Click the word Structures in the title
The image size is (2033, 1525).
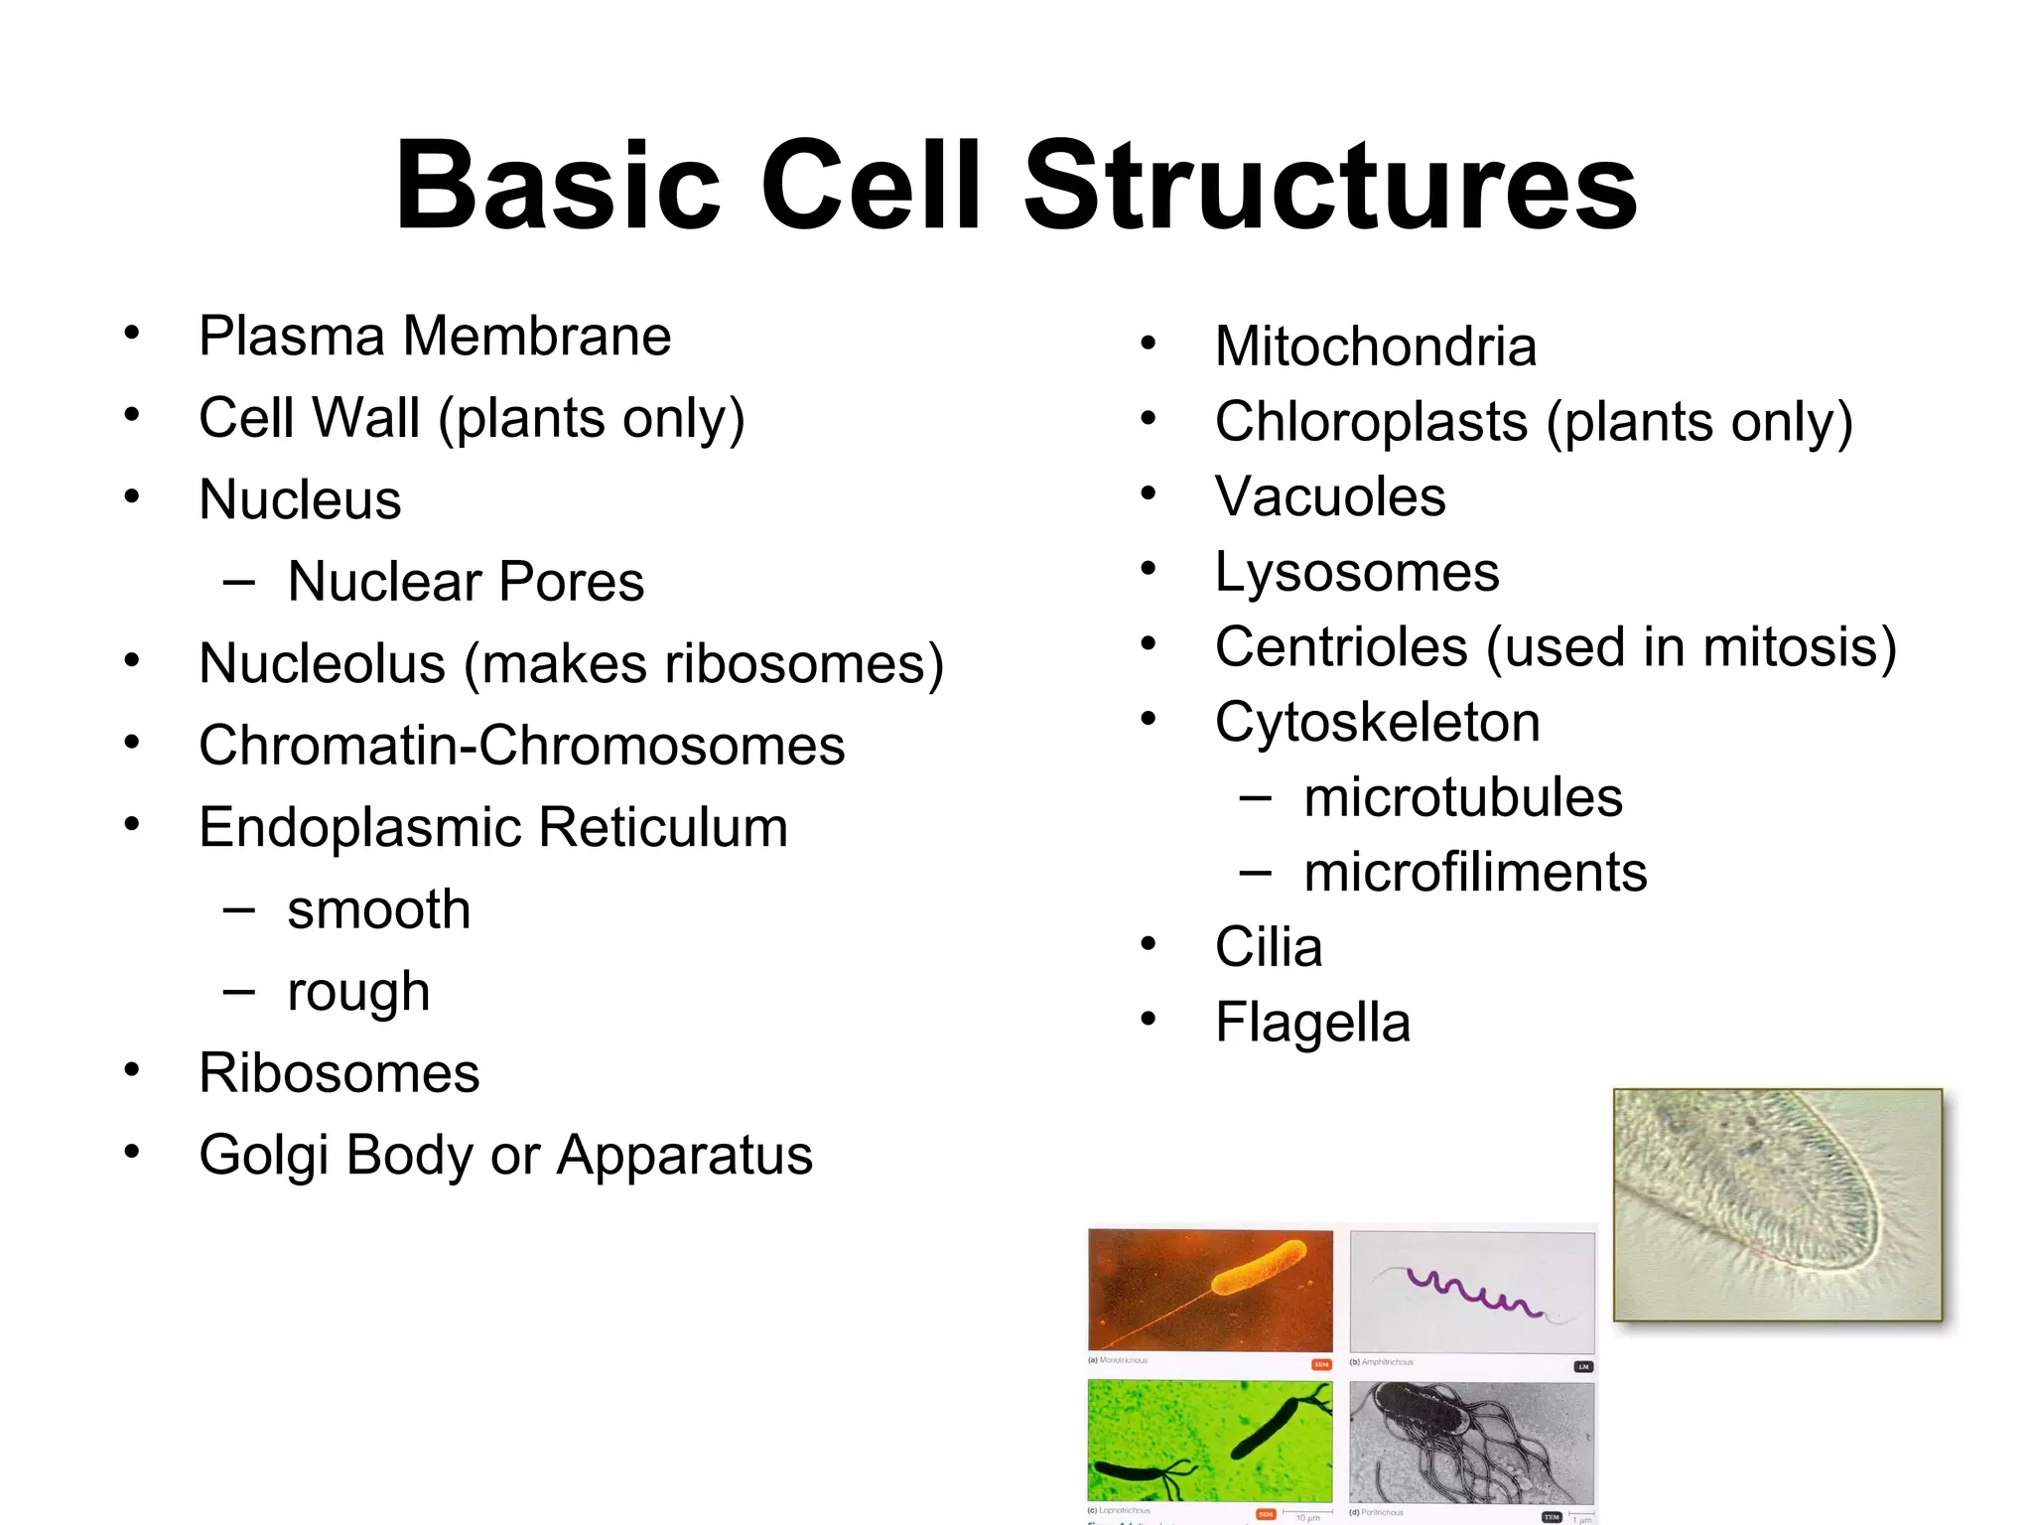(1330, 187)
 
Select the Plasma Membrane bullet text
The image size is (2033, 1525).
(435, 336)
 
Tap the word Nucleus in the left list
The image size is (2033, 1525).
(300, 499)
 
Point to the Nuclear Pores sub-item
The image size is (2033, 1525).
(465, 582)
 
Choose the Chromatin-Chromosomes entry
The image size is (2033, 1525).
(521, 746)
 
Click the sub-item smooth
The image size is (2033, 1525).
(378, 909)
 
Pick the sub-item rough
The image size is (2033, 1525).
(358, 992)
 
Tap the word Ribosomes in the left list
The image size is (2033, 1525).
(339, 1073)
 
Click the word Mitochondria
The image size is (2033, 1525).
(1376, 347)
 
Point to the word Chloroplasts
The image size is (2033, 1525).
(1371, 422)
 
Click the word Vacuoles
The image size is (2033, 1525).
(1330, 496)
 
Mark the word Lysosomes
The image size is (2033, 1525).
(1357, 572)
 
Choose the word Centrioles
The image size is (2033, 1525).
(1341, 647)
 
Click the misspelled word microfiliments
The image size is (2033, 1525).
(1475, 873)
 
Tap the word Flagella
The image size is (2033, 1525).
(1312, 1023)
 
